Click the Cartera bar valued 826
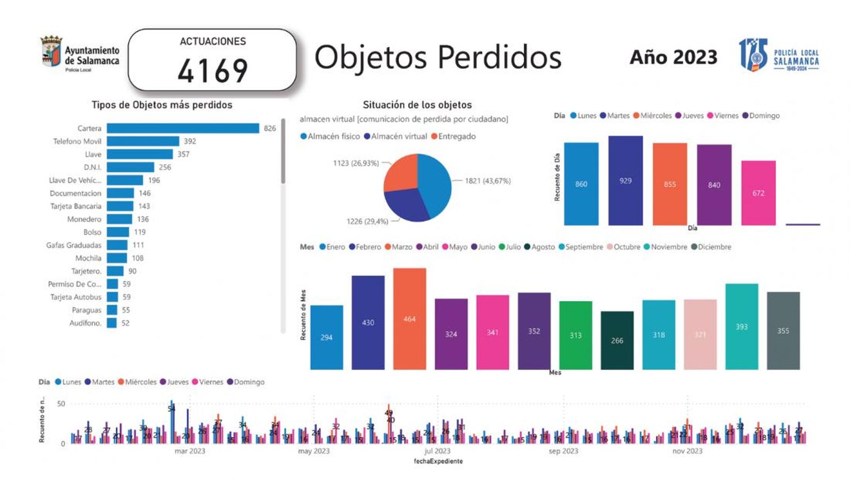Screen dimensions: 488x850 point(183,129)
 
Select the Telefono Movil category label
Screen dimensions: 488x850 point(77,141)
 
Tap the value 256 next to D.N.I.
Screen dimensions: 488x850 point(165,167)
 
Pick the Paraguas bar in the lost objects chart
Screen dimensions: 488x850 point(112,310)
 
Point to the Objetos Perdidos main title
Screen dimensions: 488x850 point(438,57)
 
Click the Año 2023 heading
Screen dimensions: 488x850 point(673,57)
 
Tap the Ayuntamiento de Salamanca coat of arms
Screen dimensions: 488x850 point(52,52)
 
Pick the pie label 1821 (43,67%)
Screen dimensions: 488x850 point(488,181)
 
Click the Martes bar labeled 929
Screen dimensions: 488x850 point(625,181)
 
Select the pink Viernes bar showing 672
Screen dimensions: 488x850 point(758,193)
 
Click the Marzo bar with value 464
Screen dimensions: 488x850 point(409,319)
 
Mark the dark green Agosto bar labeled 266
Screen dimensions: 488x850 point(617,340)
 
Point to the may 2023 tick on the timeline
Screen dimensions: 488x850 point(313,451)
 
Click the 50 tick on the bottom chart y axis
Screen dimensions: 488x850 point(61,404)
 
